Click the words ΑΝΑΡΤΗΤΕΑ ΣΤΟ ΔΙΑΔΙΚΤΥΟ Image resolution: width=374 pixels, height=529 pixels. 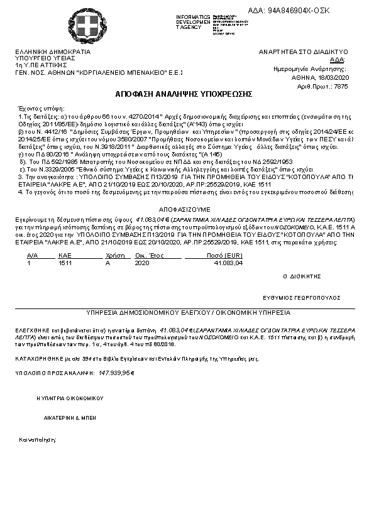tap(304, 52)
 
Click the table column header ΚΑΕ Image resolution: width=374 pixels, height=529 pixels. tap(64, 256)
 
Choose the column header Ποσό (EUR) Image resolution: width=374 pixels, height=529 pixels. tap(224, 256)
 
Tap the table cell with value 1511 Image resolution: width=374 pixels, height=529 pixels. tap(65, 263)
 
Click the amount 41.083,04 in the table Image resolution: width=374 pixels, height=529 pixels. tap(228, 263)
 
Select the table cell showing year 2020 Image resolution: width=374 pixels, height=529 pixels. tap(142, 263)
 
